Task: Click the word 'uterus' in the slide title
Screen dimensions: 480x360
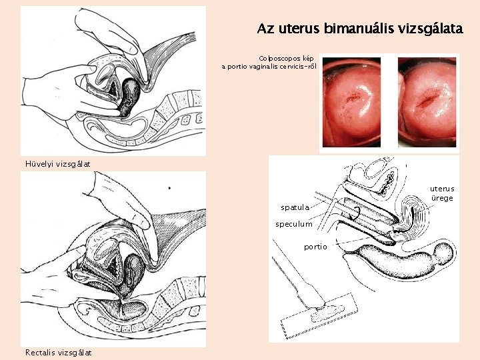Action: [297, 29]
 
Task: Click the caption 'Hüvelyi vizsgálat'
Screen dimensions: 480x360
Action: [57, 164]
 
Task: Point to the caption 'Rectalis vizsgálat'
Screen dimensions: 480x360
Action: [58, 352]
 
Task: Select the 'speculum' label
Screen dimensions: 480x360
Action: [294, 224]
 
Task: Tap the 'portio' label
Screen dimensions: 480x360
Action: [315, 247]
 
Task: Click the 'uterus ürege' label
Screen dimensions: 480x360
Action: [441, 193]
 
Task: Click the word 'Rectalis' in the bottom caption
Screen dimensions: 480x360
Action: [41, 352]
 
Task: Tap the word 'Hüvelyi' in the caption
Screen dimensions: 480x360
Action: [39, 164]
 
